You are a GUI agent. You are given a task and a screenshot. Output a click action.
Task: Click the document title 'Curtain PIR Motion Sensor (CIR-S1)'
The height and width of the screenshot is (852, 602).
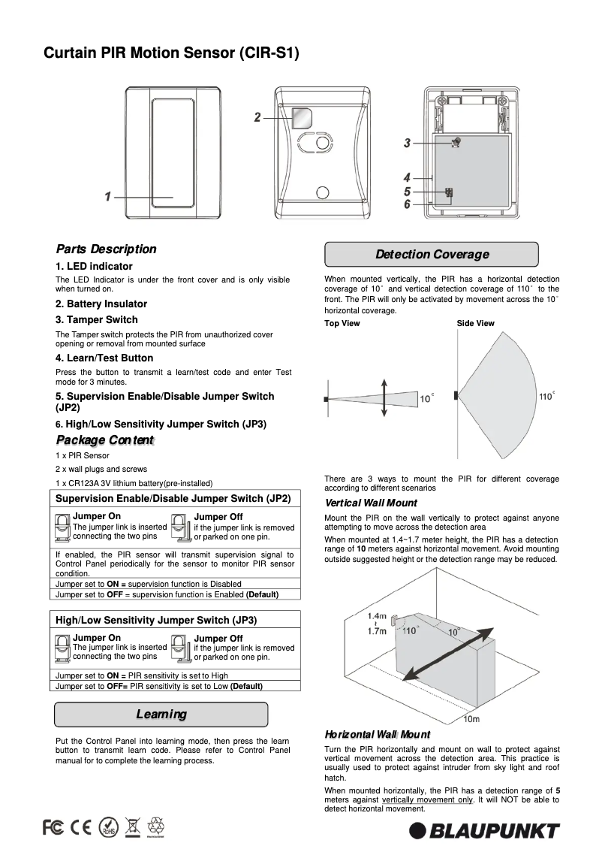pos(171,53)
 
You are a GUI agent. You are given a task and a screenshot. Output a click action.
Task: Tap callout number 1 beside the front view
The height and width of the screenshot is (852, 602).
pos(108,197)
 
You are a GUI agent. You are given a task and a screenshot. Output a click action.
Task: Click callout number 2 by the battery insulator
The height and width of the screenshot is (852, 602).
pos(257,117)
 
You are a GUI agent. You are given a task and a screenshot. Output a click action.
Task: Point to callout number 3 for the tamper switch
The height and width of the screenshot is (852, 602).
pos(407,143)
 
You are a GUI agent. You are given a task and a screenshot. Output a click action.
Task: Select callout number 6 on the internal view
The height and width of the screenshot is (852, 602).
pos(407,204)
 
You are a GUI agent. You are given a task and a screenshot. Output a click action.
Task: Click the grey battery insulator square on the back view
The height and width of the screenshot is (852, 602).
pos(302,118)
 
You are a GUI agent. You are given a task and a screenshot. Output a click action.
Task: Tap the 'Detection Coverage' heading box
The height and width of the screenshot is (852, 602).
pos(431,255)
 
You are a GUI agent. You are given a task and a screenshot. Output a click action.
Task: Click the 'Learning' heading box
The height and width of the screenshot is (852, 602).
pos(161,715)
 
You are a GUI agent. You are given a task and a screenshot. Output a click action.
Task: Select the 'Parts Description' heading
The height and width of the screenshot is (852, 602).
pos(106,249)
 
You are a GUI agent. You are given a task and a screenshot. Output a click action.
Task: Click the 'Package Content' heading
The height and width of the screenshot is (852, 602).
pos(104,440)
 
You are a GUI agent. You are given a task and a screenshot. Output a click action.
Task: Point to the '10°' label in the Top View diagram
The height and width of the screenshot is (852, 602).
pos(426,397)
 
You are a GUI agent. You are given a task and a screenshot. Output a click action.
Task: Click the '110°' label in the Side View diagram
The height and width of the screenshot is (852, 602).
pos(546,396)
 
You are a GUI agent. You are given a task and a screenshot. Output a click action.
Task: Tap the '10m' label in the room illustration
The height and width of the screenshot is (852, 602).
pos(470,720)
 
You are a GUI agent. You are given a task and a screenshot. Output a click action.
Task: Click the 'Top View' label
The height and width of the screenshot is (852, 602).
pos(342,324)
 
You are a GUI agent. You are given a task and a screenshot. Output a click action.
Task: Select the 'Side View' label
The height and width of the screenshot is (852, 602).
pos(475,324)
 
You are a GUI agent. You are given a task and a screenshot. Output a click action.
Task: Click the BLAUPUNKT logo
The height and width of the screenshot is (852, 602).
pos(484,831)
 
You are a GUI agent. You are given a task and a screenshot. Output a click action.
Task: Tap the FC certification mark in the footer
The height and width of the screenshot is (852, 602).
pos(53,827)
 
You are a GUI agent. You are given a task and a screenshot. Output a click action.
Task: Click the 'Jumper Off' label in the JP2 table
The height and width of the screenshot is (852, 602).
pos(218,517)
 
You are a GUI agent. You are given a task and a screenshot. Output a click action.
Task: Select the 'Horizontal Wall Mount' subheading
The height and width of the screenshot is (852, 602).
pos(377,734)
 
